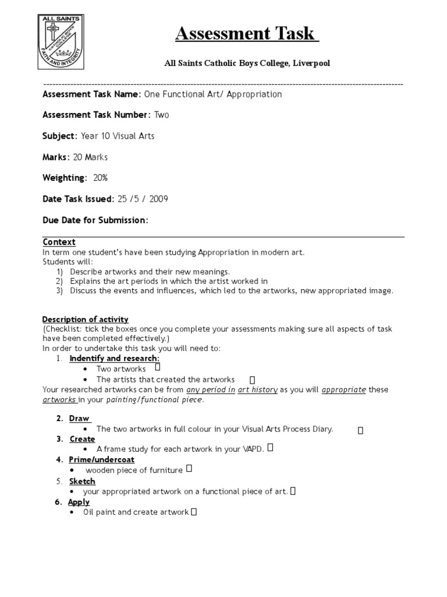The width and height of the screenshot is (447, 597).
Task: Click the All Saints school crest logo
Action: pyautogui.click(x=63, y=45)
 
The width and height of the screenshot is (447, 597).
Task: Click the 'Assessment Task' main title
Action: pyautogui.click(x=247, y=34)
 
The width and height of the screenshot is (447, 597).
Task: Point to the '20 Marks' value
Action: pyautogui.click(x=90, y=157)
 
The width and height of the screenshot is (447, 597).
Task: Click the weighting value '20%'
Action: pyautogui.click(x=100, y=178)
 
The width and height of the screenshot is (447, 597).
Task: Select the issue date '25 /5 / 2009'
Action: pyautogui.click(x=143, y=199)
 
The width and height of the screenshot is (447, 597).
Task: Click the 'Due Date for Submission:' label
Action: pyautogui.click(x=95, y=220)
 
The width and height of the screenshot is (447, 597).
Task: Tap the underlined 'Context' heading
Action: pyautogui.click(x=59, y=242)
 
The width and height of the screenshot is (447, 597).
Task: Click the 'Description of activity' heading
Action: pyautogui.click(x=85, y=319)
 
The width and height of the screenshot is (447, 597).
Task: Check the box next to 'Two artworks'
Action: pyautogui.click(x=158, y=368)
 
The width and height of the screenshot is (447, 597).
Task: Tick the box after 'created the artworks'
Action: pyautogui.click(x=252, y=380)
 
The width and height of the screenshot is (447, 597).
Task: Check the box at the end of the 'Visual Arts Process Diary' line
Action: pyautogui.click(x=360, y=430)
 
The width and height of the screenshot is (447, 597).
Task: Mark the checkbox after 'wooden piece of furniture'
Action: pyautogui.click(x=189, y=469)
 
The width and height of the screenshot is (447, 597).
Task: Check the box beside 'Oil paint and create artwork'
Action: pyautogui.click(x=194, y=512)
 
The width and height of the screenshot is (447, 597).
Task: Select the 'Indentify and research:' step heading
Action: pyautogui.click(x=114, y=358)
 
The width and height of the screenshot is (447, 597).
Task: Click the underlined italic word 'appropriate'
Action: pyautogui.click(x=343, y=389)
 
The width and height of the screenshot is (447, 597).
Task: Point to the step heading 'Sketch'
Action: pyautogui.click(x=82, y=481)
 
